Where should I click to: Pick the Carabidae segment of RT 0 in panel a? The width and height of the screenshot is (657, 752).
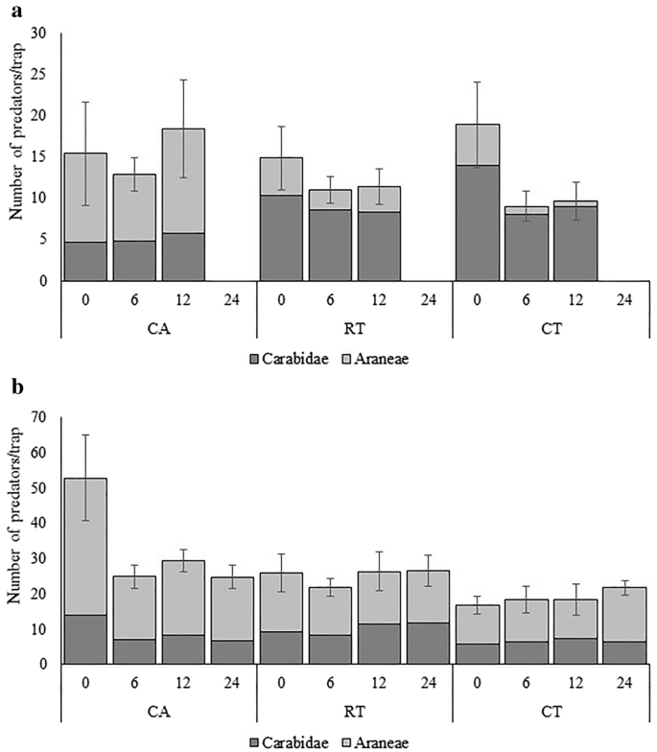280,238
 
